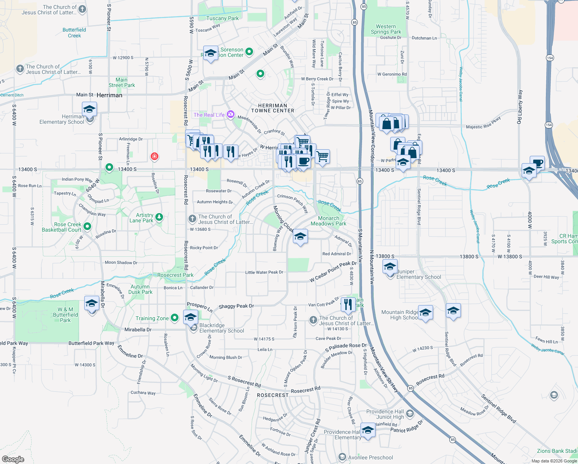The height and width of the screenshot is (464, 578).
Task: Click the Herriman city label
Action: click(x=109, y=95)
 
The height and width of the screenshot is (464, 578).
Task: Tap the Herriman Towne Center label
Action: click(x=273, y=108)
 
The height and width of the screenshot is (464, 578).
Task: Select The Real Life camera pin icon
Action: click(x=231, y=114)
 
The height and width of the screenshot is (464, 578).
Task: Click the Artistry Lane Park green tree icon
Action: click(x=159, y=217)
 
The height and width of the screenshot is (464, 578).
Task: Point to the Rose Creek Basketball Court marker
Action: click(x=87, y=227)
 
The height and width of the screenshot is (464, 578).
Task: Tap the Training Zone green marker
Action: click(x=175, y=318)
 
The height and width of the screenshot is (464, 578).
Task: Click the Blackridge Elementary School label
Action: click(x=222, y=328)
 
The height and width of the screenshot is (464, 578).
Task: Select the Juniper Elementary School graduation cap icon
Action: click(x=390, y=267)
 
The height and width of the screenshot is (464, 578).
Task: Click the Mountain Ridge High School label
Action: click(x=400, y=315)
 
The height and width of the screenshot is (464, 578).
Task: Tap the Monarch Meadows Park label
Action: click(x=328, y=221)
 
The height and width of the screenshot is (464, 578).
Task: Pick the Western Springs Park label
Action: click(x=386, y=29)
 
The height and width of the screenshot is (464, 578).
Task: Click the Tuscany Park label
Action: click(x=223, y=18)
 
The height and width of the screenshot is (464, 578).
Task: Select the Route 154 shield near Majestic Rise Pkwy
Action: click(x=549, y=125)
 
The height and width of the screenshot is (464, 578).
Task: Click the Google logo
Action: click(x=13, y=459)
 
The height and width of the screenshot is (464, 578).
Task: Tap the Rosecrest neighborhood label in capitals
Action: click(x=273, y=395)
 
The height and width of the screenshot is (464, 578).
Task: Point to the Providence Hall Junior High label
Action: click(x=385, y=414)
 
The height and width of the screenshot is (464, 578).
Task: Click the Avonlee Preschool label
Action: click(x=371, y=457)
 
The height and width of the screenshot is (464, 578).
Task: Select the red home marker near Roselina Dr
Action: click(x=155, y=156)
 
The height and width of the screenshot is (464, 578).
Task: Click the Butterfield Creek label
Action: click(x=74, y=33)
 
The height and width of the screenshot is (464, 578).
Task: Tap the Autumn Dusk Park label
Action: click(x=141, y=289)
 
